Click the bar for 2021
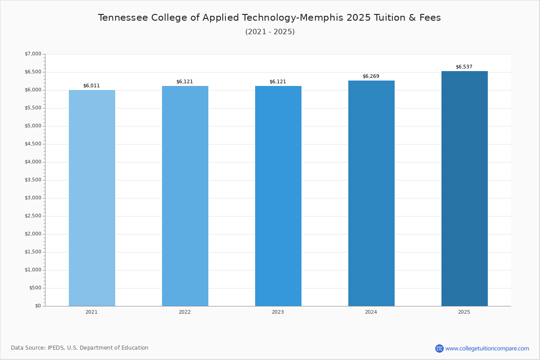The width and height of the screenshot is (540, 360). [x=92, y=198]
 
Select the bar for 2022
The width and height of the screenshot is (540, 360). [x=185, y=196]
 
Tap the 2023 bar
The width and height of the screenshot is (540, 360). [x=278, y=196]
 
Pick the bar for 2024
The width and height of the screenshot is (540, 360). [x=371, y=193]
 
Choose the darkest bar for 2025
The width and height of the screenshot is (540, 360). [x=464, y=189]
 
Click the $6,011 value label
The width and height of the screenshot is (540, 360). [x=91, y=85]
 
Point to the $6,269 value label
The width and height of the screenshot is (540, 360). [x=371, y=76]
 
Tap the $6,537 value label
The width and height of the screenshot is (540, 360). [x=464, y=67]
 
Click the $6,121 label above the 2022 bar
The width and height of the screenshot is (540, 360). [x=184, y=81]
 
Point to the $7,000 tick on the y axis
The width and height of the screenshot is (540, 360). [x=33, y=54]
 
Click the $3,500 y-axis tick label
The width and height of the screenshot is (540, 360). [x=33, y=180]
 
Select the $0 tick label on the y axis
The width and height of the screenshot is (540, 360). [x=38, y=306]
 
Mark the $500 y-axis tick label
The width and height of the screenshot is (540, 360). [x=35, y=288]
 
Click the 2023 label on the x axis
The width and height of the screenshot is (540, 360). [x=278, y=312]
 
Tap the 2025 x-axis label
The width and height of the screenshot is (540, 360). [x=464, y=312]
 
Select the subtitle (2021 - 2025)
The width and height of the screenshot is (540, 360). [x=270, y=32]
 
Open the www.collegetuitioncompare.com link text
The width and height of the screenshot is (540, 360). [x=487, y=348]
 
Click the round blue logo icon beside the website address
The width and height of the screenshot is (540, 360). [x=439, y=348]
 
